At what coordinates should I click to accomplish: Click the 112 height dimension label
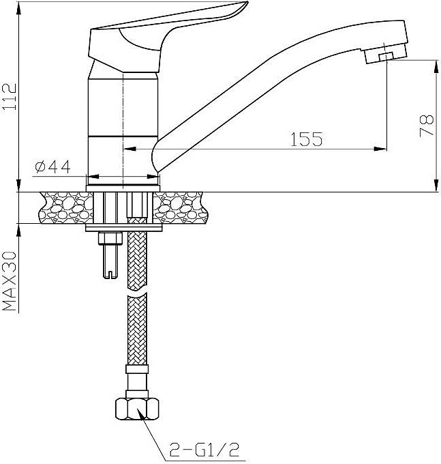(9, 97)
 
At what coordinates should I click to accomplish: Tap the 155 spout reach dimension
(307, 139)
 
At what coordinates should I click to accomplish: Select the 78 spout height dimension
(427, 125)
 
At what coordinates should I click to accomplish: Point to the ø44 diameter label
(53, 166)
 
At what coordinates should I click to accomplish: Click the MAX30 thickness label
(9, 281)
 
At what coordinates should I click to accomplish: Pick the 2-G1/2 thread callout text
(204, 450)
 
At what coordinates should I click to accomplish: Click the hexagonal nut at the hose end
(137, 409)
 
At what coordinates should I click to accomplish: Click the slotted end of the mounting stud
(110, 274)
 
